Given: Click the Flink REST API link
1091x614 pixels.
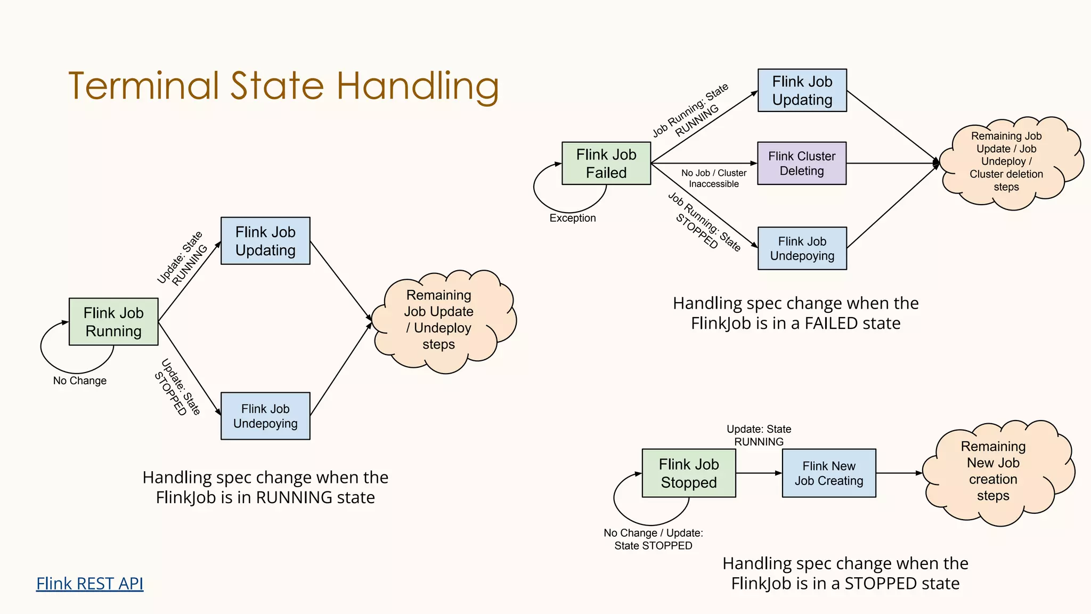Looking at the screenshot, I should coord(89,584).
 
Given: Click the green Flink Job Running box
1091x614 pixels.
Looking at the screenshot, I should coord(113,322).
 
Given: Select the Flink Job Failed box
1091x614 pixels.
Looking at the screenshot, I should coord(606,164).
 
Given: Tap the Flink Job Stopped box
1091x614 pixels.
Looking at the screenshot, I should coord(689,473).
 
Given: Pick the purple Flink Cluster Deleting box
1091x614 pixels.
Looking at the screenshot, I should coord(802,164).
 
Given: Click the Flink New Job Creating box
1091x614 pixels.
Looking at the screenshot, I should coord(829,473).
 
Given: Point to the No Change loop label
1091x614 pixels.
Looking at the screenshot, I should coord(80,381).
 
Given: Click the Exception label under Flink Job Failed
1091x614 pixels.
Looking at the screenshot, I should coord(573,218).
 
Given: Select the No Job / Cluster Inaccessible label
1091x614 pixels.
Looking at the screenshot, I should coord(714,179).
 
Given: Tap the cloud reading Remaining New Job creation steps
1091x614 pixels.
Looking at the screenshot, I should coord(993,471).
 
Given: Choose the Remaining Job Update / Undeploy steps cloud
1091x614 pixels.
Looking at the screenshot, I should coord(439,320).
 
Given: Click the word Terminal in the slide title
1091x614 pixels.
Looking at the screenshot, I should coord(144,86).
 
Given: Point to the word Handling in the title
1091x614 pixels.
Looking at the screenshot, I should coord(418,86).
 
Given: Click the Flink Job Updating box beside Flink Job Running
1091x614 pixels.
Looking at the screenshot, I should coord(265,241).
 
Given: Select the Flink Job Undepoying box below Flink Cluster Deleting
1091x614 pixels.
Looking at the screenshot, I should coord(802,248).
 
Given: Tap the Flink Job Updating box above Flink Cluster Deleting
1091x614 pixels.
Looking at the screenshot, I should coord(802,91).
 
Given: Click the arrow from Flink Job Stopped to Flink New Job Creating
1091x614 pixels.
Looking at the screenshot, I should coord(759,473).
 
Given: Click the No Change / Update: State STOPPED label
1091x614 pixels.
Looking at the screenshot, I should coord(653,539).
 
